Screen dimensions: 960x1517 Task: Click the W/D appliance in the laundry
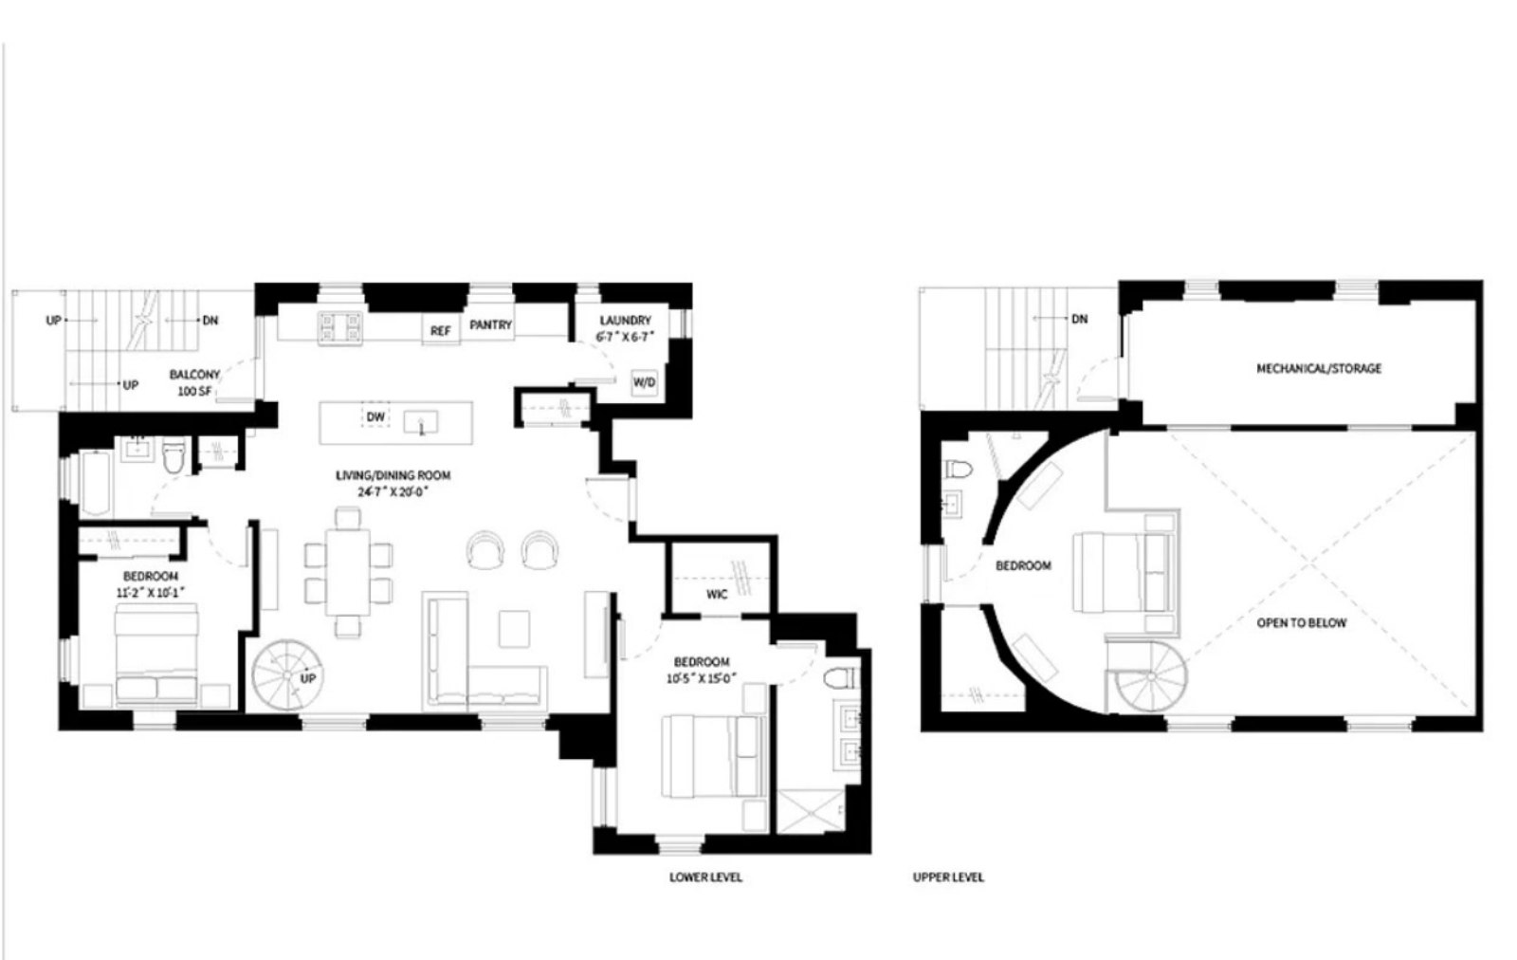click(644, 382)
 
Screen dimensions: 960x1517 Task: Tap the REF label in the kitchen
click(440, 331)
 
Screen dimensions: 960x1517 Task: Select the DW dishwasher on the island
click(375, 416)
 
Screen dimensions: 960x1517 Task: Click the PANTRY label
click(491, 324)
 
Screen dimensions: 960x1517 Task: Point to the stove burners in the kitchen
click(341, 327)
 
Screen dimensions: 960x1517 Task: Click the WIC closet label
click(717, 594)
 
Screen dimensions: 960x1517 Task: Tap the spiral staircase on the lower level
click(287, 675)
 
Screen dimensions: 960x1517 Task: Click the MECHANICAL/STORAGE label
click(1319, 368)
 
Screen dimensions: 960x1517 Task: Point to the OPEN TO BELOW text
click(1301, 623)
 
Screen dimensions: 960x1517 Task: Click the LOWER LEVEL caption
click(705, 877)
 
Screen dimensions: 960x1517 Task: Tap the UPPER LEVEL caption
click(948, 877)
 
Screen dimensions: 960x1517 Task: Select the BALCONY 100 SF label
click(194, 382)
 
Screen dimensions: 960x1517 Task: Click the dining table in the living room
click(348, 572)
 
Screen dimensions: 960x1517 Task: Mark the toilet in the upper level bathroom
click(957, 469)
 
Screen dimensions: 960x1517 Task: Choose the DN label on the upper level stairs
click(1079, 320)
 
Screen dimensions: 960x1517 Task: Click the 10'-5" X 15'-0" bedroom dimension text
click(702, 678)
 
